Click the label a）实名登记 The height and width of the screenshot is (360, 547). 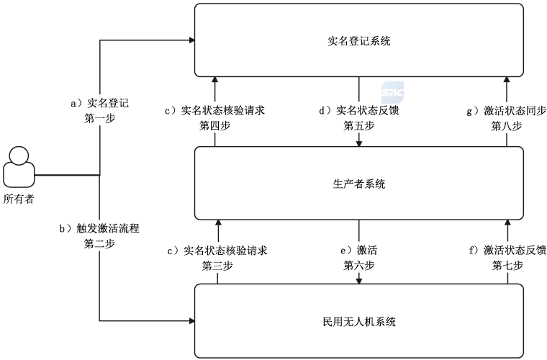click(x=99, y=103)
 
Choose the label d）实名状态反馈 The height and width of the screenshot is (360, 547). click(x=358, y=111)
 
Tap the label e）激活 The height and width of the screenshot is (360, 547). click(x=358, y=251)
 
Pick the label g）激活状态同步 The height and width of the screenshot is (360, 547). click(x=506, y=111)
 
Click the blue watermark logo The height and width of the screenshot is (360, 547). click(x=392, y=91)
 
